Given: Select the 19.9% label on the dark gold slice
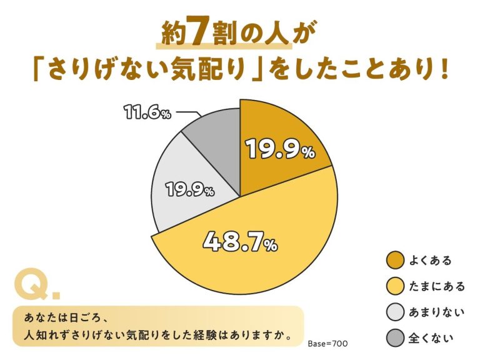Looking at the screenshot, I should coord(279,149).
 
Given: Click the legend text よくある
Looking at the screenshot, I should coord(431,260).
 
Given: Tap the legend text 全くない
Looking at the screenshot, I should coord(431,339).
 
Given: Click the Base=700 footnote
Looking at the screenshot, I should coord(327,344).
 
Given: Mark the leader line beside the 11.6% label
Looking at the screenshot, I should coord(187,113).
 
